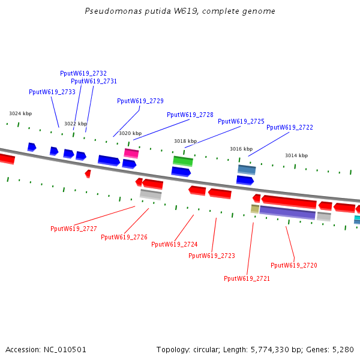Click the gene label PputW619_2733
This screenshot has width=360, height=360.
[x=52, y=92]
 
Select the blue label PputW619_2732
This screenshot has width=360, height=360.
[x=83, y=73]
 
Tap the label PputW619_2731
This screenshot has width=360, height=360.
[x=94, y=81]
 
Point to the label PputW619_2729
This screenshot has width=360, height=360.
[x=140, y=101]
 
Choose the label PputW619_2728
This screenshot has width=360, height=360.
[x=190, y=115]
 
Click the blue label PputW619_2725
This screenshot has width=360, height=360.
[x=241, y=121]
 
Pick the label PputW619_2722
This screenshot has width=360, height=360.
[x=290, y=127]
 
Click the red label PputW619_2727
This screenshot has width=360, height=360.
[x=74, y=229]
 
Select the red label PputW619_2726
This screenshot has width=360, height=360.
[x=124, y=237]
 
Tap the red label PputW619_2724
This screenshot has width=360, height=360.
[x=175, y=244]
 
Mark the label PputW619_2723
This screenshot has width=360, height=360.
[x=212, y=256]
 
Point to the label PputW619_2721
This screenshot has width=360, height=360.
[x=247, y=278]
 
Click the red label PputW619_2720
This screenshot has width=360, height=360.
[x=294, y=265]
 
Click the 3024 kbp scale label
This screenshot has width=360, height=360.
[x=20, y=113]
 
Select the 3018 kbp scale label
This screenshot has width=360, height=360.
[x=185, y=141]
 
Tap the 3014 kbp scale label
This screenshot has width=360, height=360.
[x=296, y=155]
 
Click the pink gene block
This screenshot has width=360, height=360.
[x=131, y=153]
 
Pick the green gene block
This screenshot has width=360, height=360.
[x=183, y=161]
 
